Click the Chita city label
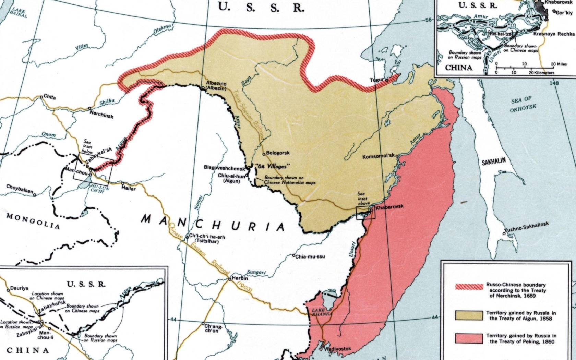(50, 97)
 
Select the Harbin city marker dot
(230, 279)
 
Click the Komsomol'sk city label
(379, 157)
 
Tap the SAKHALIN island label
(494, 163)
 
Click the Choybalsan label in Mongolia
(20, 188)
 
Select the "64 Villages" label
(273, 166)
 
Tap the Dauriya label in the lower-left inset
(20, 288)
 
